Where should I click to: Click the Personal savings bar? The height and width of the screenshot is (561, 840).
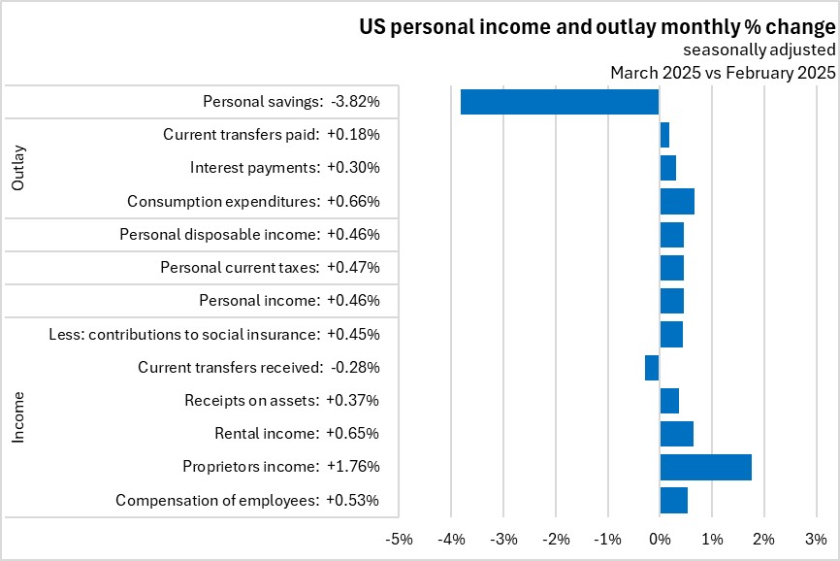click(560, 102)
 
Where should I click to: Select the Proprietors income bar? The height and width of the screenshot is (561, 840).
click(705, 467)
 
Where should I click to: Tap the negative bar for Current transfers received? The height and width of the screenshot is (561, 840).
click(652, 368)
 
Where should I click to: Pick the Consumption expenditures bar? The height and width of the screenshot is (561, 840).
click(677, 201)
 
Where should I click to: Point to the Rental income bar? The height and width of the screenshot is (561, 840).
click(676, 433)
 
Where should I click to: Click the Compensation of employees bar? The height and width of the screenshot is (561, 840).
click(673, 500)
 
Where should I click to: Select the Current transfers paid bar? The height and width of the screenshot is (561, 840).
click(664, 135)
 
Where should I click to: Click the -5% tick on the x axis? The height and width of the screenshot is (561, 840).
click(399, 539)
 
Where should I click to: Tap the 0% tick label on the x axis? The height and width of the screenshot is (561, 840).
click(660, 539)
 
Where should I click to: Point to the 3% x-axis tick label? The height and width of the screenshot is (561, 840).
click(816, 539)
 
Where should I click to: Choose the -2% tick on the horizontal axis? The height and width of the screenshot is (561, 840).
click(555, 539)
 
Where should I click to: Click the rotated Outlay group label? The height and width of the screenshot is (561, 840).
click(18, 168)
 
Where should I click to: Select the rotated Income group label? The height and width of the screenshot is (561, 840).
click(18, 418)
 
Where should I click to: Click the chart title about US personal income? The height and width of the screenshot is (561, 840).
click(597, 27)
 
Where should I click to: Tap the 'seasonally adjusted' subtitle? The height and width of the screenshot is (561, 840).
click(759, 50)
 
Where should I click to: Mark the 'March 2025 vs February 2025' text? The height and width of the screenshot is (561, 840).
click(723, 73)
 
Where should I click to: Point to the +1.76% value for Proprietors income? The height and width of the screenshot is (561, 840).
click(353, 467)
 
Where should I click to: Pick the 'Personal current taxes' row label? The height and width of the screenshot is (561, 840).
click(241, 267)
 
